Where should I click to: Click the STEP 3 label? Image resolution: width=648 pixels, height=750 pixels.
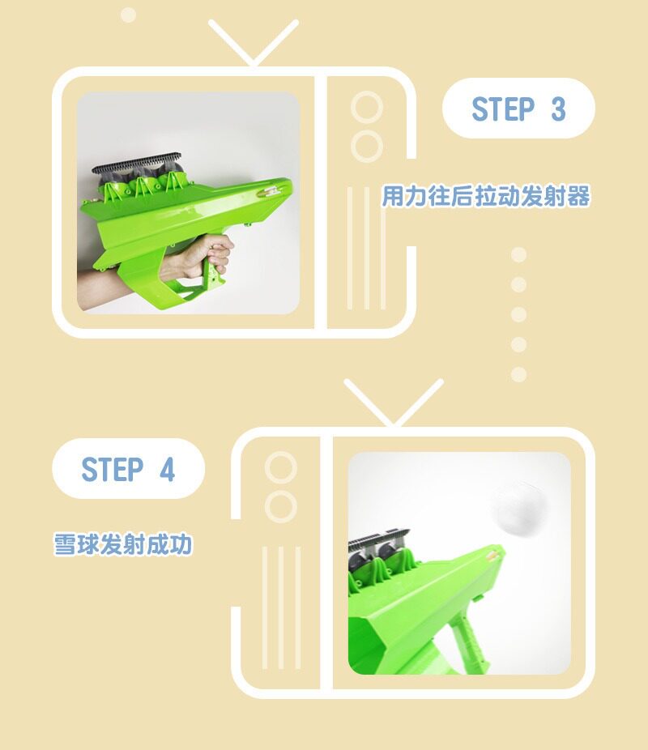(x=518, y=109)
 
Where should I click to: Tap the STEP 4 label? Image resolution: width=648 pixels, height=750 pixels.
(x=128, y=469)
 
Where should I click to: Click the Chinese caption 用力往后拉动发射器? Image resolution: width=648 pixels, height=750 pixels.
(x=486, y=196)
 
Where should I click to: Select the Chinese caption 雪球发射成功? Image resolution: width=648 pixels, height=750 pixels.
(x=123, y=544)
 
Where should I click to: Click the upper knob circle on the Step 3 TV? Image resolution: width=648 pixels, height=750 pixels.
(x=367, y=107)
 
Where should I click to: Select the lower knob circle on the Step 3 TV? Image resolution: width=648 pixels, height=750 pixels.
(x=367, y=146)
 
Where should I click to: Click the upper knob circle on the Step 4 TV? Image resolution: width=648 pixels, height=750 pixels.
(x=281, y=467)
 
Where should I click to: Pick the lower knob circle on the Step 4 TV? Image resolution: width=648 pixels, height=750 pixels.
(x=281, y=506)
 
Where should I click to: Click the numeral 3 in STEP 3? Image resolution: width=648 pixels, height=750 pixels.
(x=558, y=109)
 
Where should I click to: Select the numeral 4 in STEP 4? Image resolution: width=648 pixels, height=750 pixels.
(x=167, y=469)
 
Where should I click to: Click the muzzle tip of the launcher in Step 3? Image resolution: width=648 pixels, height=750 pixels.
(x=287, y=185)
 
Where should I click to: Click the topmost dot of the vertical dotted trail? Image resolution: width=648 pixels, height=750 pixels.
(x=518, y=254)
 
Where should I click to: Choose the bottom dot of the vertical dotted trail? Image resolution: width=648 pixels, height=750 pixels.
(x=518, y=374)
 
